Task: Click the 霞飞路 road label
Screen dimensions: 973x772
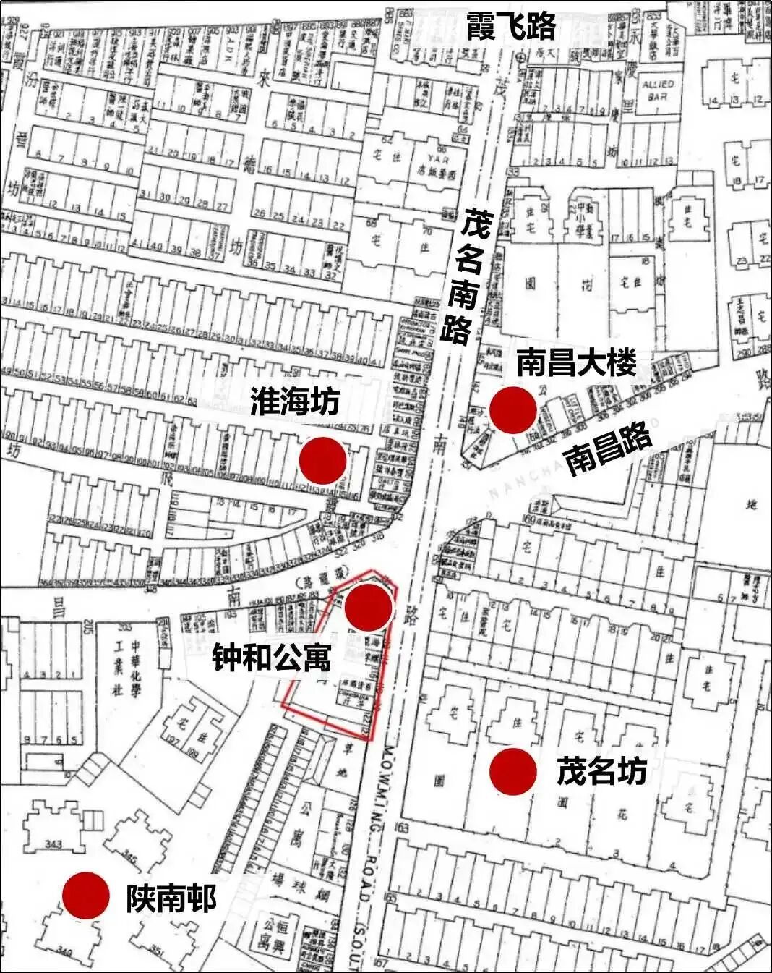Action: coord(510,26)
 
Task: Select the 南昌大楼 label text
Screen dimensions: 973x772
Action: coord(576,362)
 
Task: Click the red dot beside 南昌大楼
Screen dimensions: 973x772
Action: coord(513,410)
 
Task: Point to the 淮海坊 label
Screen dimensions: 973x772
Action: coord(295,401)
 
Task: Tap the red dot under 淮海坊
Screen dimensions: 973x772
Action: coord(322,460)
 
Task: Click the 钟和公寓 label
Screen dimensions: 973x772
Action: coord(272,658)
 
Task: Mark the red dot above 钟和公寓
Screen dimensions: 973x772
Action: coord(369,607)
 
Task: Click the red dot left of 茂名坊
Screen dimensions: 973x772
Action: coord(513,772)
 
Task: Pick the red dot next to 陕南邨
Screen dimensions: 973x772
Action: coord(85,896)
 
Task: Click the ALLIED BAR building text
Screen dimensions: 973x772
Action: coord(657,90)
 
